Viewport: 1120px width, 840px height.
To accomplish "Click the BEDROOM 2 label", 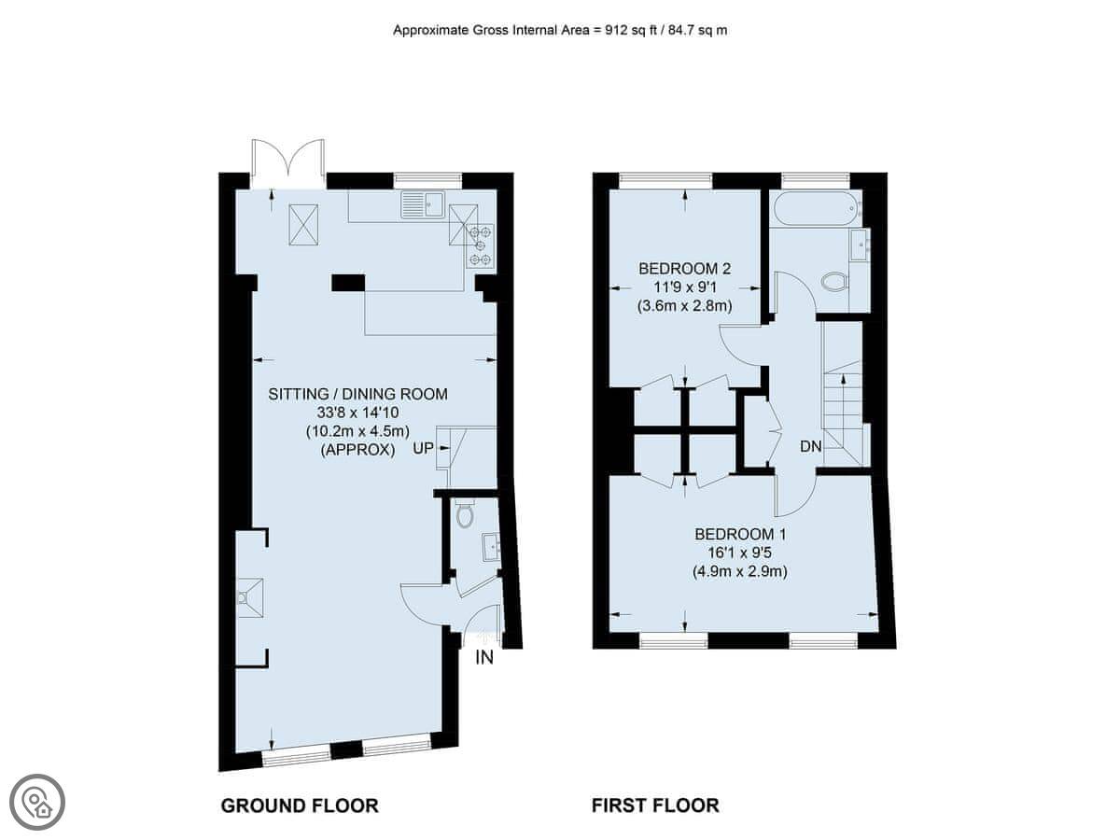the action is tap(684, 268).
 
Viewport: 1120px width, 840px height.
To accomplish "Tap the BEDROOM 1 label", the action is tap(740, 534).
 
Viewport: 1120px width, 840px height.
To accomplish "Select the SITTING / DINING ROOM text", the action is tap(357, 394).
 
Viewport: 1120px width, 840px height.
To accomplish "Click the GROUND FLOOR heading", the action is tap(300, 805).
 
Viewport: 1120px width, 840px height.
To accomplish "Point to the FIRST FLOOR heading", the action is tap(655, 805).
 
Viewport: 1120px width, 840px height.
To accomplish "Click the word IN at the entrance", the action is tap(484, 658).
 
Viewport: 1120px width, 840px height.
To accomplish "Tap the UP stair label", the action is tap(423, 448).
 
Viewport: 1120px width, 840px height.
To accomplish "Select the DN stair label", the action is tap(811, 447).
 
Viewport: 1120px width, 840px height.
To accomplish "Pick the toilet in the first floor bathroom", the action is tap(835, 282).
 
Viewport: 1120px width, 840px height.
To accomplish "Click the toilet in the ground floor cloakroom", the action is tap(465, 513).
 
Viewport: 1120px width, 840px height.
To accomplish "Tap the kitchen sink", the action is tap(423, 204).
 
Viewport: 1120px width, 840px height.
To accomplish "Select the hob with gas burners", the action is tap(481, 245).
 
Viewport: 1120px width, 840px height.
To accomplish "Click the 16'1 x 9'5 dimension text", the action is tap(739, 553).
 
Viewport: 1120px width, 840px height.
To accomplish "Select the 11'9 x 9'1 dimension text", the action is tap(685, 287).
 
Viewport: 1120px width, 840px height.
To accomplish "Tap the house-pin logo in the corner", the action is tap(37, 802).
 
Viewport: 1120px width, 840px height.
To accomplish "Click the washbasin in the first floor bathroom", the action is tap(861, 245).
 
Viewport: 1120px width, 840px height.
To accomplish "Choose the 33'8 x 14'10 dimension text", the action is tap(357, 413).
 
